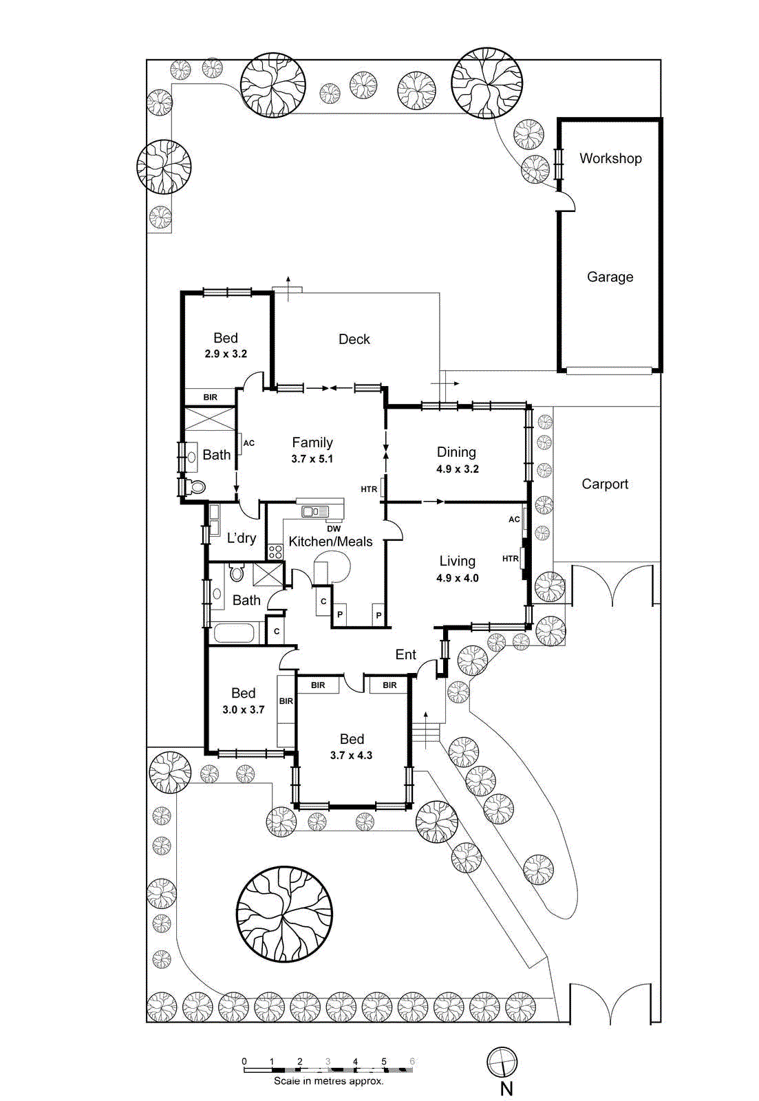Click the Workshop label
[x=610, y=158]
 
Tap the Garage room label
[x=610, y=277]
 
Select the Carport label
[x=605, y=484]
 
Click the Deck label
[x=354, y=339]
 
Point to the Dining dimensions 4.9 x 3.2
[x=457, y=469]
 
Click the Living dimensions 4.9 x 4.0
[x=457, y=579]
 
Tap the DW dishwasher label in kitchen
[x=334, y=528]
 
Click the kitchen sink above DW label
[x=315, y=511]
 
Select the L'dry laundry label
[x=242, y=538]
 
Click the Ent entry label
[x=405, y=654]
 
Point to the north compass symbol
[x=502, y=1062]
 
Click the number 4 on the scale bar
[x=355, y=1061]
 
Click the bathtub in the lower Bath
[x=233, y=633]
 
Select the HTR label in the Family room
[x=369, y=489]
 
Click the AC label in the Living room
[x=514, y=520]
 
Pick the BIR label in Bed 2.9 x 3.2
[x=210, y=397]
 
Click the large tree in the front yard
[x=284, y=914]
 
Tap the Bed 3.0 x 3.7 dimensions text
[x=243, y=709]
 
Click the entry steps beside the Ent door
[x=426, y=733]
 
